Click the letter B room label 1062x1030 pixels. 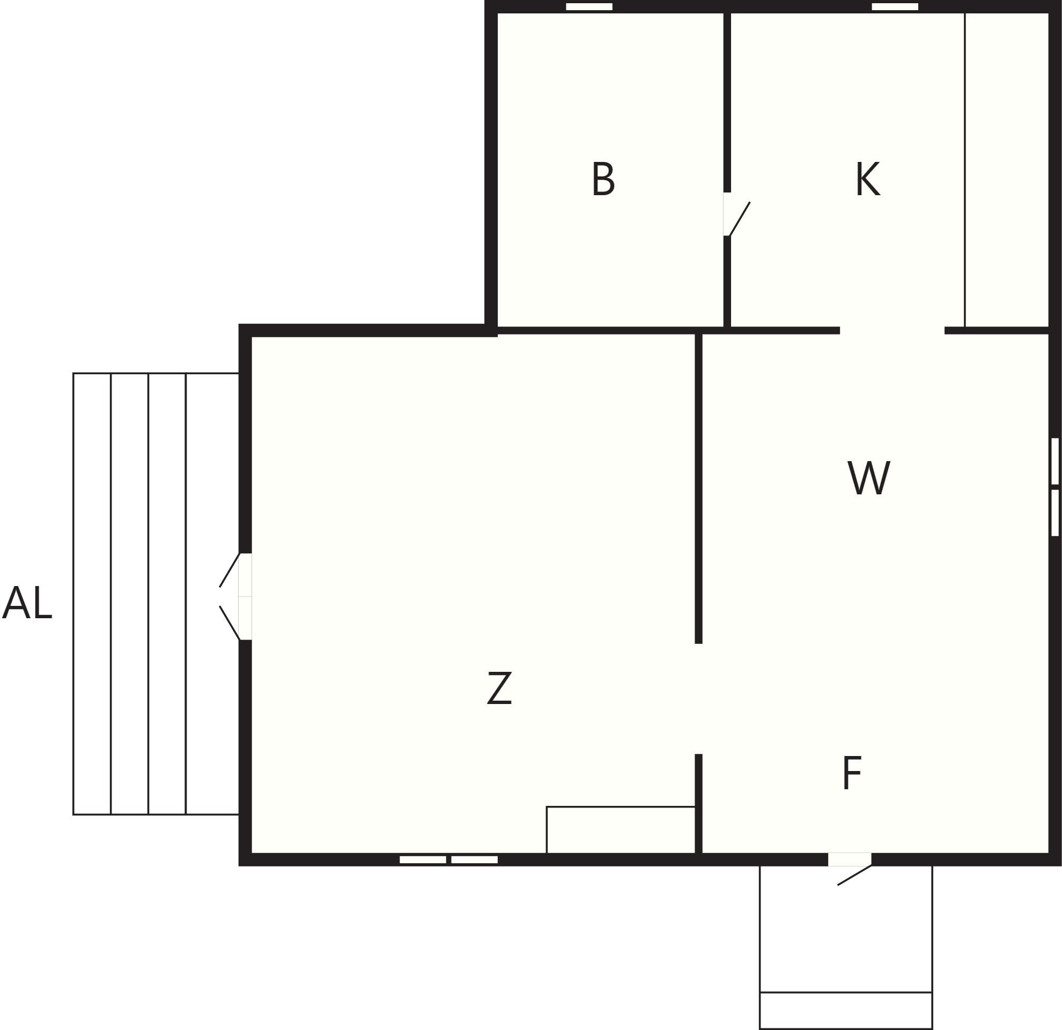[x=603, y=178]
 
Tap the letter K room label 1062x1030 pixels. [x=868, y=178]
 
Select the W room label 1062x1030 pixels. [x=868, y=477]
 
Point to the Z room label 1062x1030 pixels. [x=499, y=688]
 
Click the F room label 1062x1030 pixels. [x=852, y=773]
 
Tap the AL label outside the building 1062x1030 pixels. [x=27, y=602]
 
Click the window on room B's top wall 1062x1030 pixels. [x=589, y=6]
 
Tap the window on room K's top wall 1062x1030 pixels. [x=895, y=6]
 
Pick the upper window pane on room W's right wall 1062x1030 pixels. [x=1055, y=461]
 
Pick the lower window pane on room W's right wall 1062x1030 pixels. [x=1055, y=513]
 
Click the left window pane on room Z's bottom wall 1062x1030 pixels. [x=423, y=859]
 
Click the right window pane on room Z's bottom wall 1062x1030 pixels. [x=474, y=859]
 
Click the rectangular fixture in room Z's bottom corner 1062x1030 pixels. [x=621, y=829]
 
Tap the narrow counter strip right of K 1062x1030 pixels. [x=1007, y=169]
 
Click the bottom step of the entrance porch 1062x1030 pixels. [x=846, y=1011]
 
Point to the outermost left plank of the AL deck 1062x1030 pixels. [x=92, y=594]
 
